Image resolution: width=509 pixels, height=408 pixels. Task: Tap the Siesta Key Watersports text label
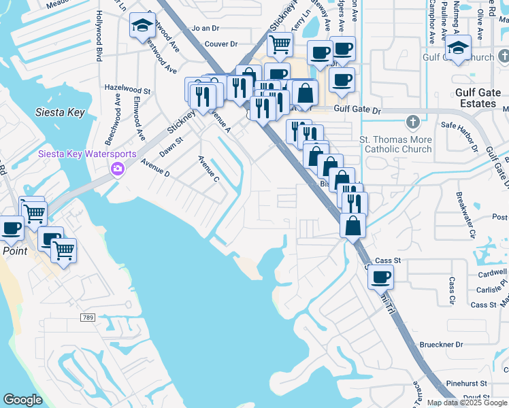click(x=87, y=154)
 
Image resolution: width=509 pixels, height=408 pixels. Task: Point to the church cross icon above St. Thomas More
click(x=411, y=122)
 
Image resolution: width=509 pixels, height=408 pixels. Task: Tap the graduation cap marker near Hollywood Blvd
click(x=142, y=26)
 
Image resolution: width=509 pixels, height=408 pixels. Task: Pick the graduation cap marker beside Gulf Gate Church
click(x=458, y=48)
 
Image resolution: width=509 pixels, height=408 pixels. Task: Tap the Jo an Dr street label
click(x=206, y=29)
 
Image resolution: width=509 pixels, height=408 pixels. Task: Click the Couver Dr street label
click(x=220, y=44)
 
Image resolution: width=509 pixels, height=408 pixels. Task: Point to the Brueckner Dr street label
click(x=441, y=345)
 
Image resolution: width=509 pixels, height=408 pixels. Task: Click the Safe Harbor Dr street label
click(x=463, y=125)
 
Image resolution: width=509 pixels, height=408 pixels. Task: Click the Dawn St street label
click(x=171, y=144)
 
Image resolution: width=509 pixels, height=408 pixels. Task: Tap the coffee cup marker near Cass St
click(x=381, y=276)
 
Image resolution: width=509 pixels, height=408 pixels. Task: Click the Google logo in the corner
click(x=22, y=400)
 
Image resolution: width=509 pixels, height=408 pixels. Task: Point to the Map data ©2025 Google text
click(x=466, y=403)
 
